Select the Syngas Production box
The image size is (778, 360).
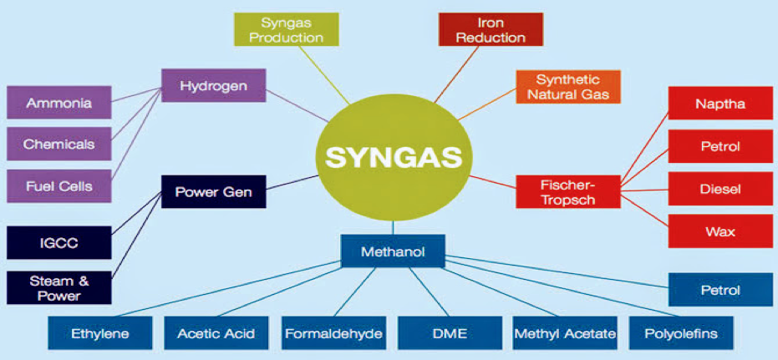click(292, 29)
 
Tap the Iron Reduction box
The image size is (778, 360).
click(491, 29)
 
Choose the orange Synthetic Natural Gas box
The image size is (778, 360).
click(567, 86)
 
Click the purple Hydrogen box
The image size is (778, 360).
click(214, 85)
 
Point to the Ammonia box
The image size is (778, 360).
click(59, 103)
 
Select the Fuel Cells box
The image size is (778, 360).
click(59, 185)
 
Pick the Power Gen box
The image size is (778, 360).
click(214, 193)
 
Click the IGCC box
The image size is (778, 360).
click(59, 242)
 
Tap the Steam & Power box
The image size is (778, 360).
click(59, 287)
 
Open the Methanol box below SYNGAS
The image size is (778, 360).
click(393, 251)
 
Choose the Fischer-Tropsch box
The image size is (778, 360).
click(567, 192)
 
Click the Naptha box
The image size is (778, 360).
click(720, 104)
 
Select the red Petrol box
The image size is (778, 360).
click(720, 147)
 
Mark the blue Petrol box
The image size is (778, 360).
click(720, 290)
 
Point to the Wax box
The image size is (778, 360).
click(720, 231)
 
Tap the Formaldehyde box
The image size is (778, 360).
click(333, 334)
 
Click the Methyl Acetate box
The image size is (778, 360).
click(565, 334)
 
